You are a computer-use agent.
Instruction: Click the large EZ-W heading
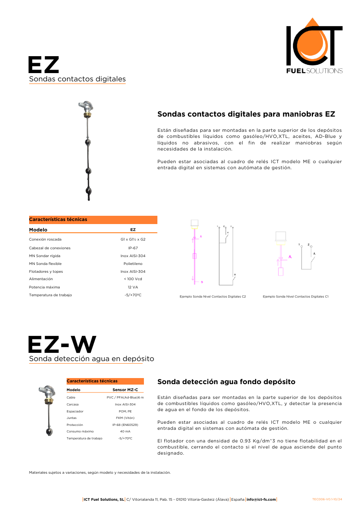coord(62,345)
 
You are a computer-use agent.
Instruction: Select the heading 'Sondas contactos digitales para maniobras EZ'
coord(246,114)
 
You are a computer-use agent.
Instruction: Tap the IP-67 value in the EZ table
coord(133,248)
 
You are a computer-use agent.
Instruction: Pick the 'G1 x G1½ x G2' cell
coord(133,239)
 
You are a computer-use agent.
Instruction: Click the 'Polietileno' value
coord(133,264)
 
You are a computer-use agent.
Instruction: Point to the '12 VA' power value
coord(133,287)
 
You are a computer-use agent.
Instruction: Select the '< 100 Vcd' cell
coord(133,279)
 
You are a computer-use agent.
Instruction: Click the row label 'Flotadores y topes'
coord(46,271)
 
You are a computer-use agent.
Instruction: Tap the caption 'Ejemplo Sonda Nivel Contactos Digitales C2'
coord(213,297)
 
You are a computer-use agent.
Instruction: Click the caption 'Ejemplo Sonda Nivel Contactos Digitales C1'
coord(295,297)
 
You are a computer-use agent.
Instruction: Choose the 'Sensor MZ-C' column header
coord(125,390)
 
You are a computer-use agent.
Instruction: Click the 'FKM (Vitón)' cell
coord(125,418)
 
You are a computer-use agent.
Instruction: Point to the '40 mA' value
coord(125,431)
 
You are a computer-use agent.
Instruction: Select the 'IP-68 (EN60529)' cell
coord(125,425)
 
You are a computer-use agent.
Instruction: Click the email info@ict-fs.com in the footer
coord(261,499)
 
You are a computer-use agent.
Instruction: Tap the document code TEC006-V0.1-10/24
coord(327,499)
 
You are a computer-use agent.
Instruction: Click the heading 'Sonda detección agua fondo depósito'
coord(226,382)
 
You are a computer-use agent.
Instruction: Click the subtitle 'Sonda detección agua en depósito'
coord(91,359)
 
